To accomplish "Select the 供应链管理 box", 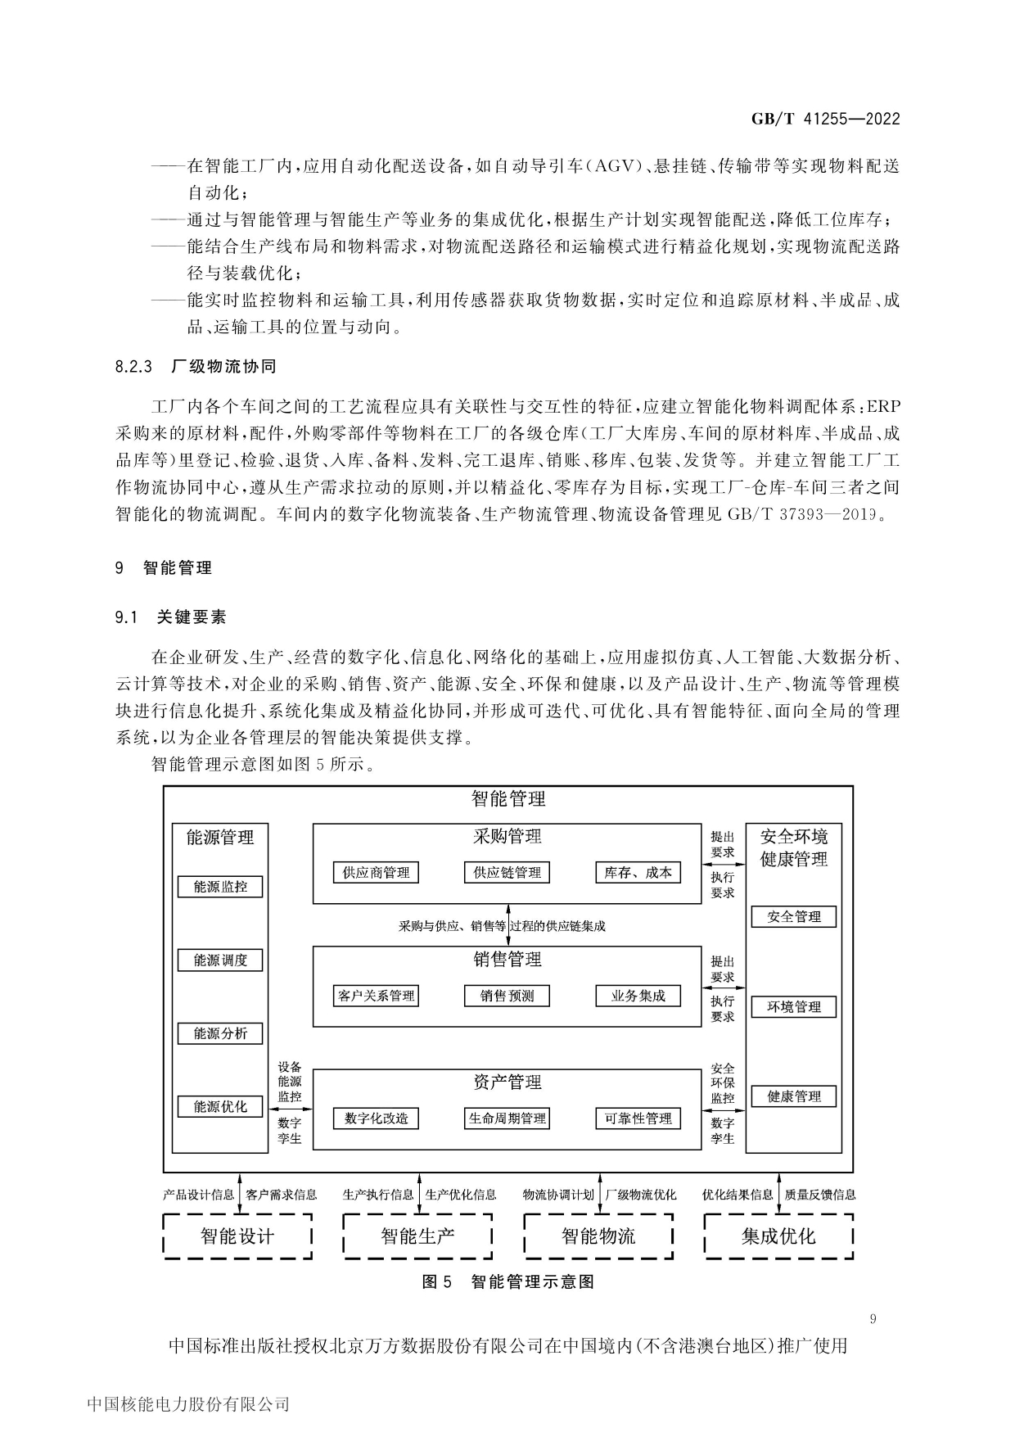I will (x=508, y=873).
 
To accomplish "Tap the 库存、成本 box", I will (x=638, y=873).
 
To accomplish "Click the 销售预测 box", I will (x=508, y=996).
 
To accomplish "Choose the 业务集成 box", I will (x=638, y=996).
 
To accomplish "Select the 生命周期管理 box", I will (x=508, y=1118).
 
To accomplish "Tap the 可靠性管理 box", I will (x=638, y=1118).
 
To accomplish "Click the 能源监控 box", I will (x=220, y=887).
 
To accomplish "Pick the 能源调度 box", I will (x=220, y=960).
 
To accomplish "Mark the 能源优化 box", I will (x=220, y=1107).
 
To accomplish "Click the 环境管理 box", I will (x=794, y=1007).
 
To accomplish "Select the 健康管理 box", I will (x=794, y=1096).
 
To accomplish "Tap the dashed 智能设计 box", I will (x=238, y=1236).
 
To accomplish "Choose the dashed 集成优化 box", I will (x=778, y=1236).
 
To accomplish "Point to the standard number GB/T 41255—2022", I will (x=825, y=119).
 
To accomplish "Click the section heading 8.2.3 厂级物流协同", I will (x=196, y=367).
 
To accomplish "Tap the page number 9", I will (x=873, y=1319).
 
